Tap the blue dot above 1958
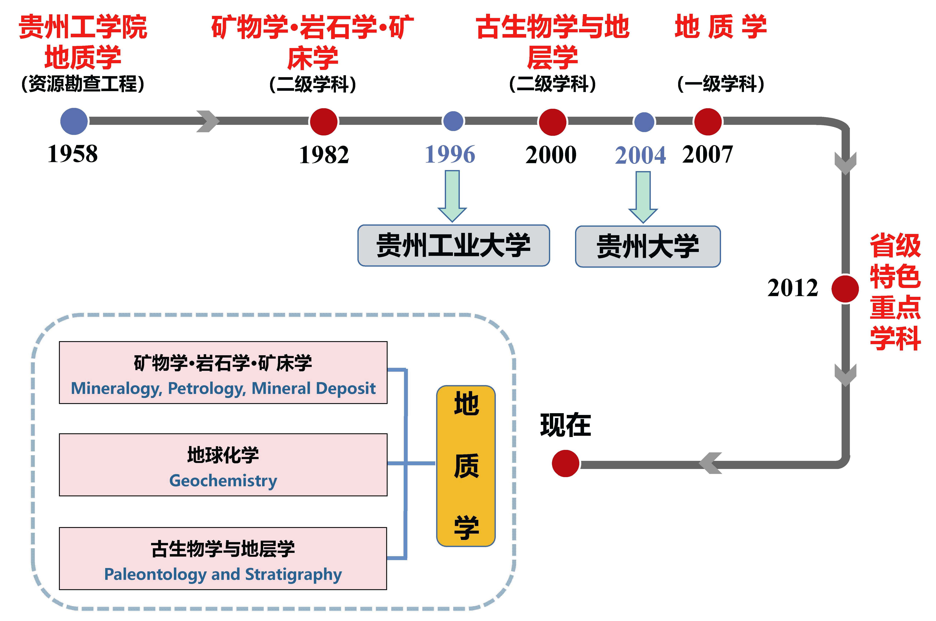74,121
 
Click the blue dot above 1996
453,121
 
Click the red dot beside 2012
845,289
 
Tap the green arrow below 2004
643,197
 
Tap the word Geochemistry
223,481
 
